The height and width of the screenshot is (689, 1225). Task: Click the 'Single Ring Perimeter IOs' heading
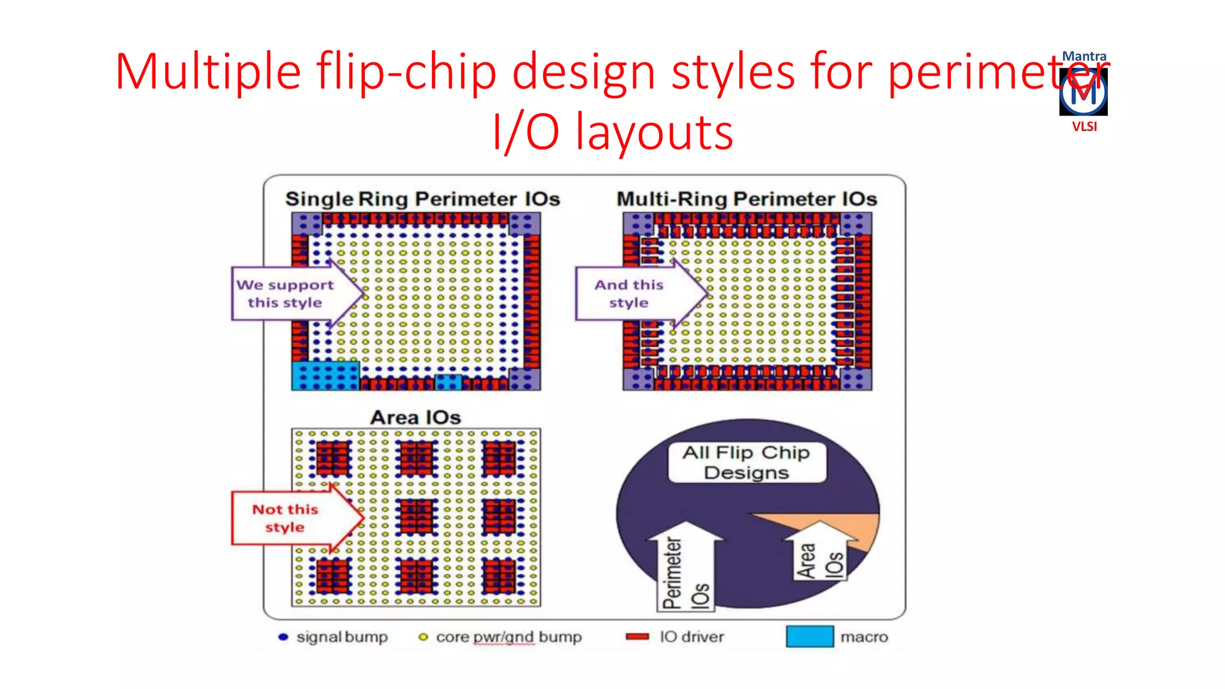tap(422, 199)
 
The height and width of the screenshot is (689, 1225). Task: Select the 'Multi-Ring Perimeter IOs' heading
tap(746, 199)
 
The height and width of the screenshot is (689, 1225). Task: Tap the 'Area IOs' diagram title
tap(416, 417)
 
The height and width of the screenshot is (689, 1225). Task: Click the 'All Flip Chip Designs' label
tap(746, 462)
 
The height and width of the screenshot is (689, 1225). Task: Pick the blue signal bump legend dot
tap(284, 637)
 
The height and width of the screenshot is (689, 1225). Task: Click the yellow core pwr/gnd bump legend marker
tap(423, 637)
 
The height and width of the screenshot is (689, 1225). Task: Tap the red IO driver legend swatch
tap(637, 637)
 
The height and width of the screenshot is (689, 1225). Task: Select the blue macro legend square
tap(809, 636)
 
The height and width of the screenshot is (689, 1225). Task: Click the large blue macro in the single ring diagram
tap(325, 376)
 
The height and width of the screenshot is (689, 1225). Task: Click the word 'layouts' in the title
tap(654, 133)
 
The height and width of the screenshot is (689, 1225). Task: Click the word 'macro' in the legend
tap(864, 637)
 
